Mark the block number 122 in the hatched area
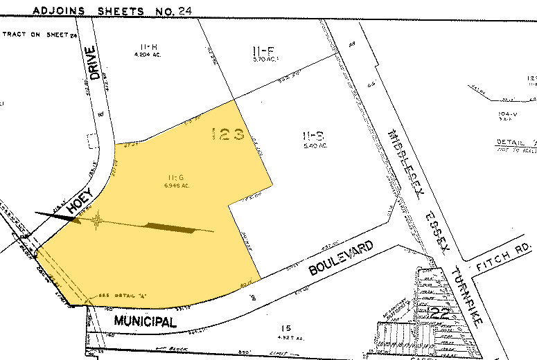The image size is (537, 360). (439, 312)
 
